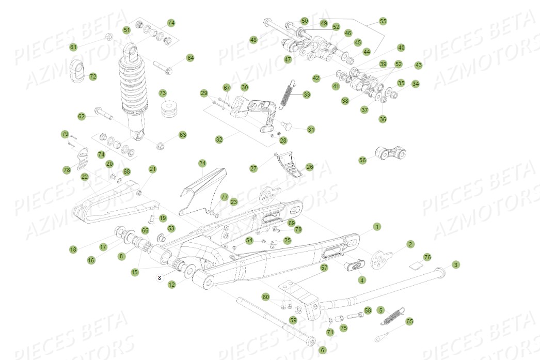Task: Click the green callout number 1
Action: click(377, 227)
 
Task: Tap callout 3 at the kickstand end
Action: click(455, 265)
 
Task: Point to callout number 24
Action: click(202, 163)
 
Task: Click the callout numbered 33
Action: click(307, 95)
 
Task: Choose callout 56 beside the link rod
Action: click(362, 160)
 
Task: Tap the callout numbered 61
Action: click(73, 47)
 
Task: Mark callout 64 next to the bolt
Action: click(190, 58)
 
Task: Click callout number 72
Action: click(93, 76)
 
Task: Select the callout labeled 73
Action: click(163, 93)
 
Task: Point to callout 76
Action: click(427, 257)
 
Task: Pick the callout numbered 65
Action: click(409, 321)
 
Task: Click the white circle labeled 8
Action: click(160, 277)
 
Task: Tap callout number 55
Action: click(383, 22)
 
